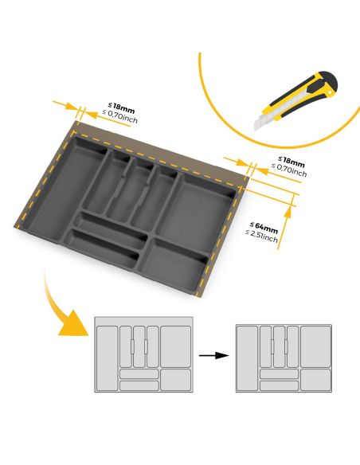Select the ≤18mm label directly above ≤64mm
point(290,161)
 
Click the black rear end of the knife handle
point(329,82)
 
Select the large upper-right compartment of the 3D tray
point(204,206)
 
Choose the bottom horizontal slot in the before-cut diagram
point(139,385)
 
